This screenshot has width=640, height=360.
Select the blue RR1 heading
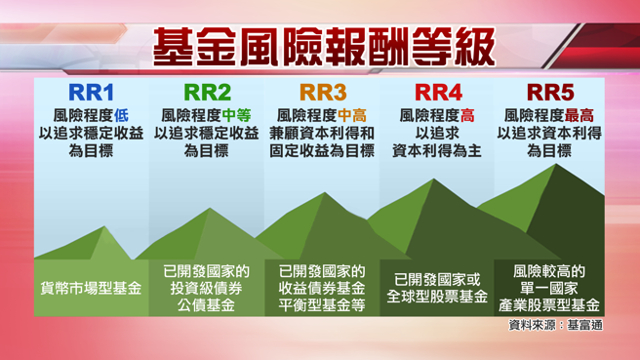91,94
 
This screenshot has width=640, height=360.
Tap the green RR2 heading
208,94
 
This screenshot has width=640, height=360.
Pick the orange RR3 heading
323,94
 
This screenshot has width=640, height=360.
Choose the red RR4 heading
438,94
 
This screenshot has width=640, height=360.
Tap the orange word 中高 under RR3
356,115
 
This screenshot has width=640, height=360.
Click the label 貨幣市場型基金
92,289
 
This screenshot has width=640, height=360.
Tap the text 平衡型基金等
322,305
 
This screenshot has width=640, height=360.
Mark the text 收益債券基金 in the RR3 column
322,288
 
